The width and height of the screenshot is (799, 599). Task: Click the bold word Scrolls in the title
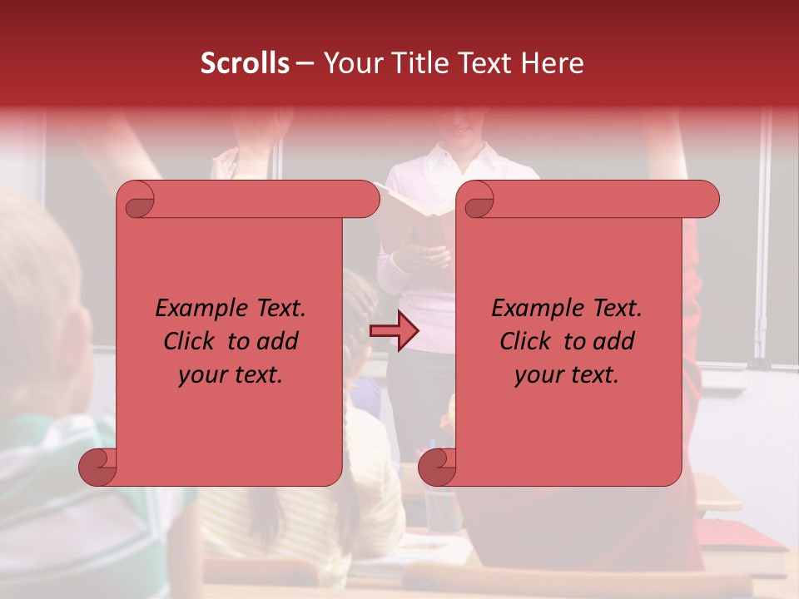click(245, 63)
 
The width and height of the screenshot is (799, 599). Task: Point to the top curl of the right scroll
click(477, 200)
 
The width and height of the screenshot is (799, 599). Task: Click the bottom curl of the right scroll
click(438, 467)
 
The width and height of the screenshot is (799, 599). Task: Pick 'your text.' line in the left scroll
click(231, 374)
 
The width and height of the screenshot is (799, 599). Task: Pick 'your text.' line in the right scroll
click(567, 374)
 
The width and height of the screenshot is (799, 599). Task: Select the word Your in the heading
click(349, 63)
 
